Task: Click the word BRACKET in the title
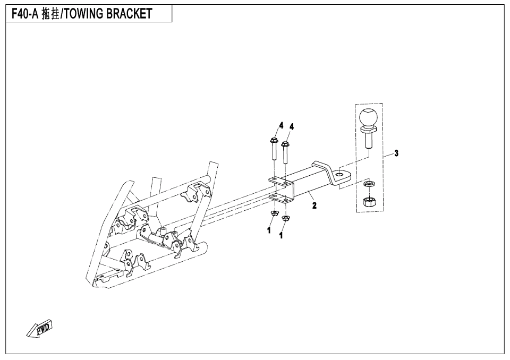(x=129, y=14)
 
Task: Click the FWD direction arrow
(x=40, y=329)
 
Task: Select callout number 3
(x=396, y=153)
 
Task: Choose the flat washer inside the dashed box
(x=369, y=184)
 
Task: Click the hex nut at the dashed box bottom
(x=369, y=202)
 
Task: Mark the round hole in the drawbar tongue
(x=341, y=174)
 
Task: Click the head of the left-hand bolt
(x=273, y=141)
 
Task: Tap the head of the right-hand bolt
(x=285, y=143)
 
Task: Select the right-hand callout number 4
(x=292, y=127)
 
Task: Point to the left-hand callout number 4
(x=281, y=125)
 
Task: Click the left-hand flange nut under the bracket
(x=274, y=213)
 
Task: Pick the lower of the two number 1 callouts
(x=281, y=236)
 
